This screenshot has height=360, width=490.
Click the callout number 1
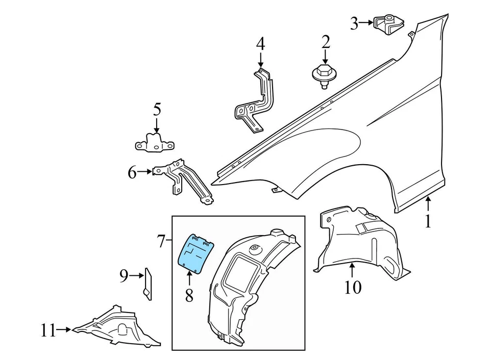click(428, 221)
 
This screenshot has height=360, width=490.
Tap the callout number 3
click(354, 23)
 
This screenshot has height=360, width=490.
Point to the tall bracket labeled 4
click(255, 99)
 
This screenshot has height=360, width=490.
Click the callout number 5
click(156, 109)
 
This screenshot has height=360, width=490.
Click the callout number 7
click(161, 241)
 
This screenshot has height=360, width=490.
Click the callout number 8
click(189, 295)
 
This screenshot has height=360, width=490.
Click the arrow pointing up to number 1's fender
click(428, 205)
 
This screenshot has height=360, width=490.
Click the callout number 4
click(260, 43)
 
